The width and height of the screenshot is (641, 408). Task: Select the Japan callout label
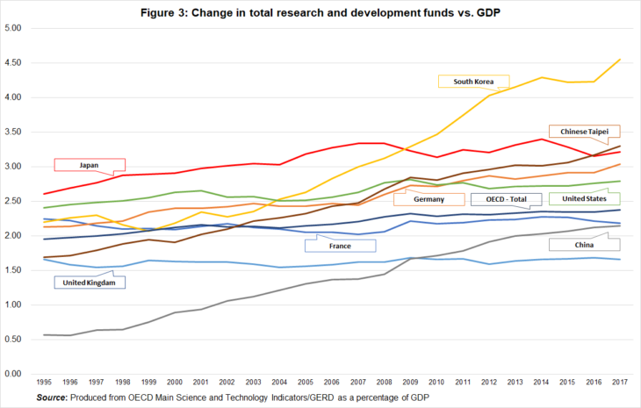click(x=88, y=164)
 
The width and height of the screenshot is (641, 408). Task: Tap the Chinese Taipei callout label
click(x=583, y=131)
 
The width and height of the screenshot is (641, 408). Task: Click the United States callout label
click(x=585, y=199)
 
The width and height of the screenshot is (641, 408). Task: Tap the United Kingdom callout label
click(x=88, y=283)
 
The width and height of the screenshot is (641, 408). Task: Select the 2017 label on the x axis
click(x=619, y=383)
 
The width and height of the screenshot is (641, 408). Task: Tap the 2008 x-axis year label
click(x=385, y=383)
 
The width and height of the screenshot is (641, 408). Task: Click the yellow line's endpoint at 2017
click(x=619, y=60)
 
